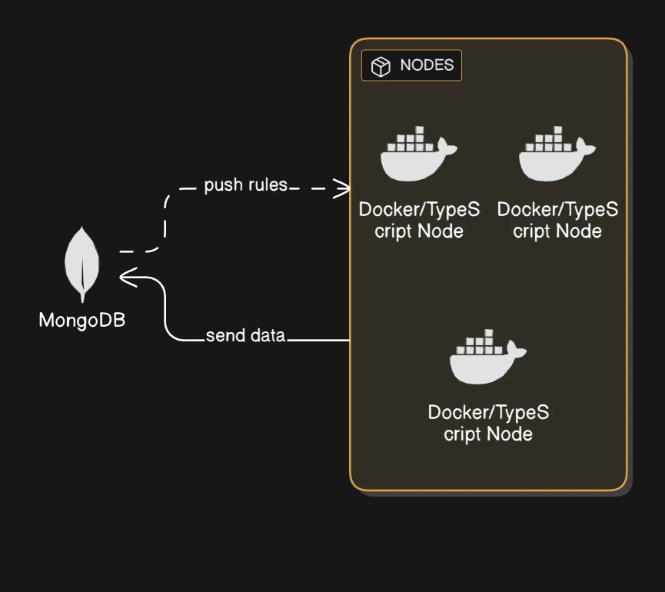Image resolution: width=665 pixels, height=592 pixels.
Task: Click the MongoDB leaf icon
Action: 81,261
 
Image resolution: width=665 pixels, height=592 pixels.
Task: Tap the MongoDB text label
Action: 81,320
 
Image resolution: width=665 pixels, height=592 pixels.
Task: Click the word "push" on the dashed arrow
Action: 221,185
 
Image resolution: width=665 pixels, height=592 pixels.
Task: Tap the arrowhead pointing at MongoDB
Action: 128,277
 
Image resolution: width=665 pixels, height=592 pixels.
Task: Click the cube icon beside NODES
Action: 381,67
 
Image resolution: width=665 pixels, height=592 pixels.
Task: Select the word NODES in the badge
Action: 427,66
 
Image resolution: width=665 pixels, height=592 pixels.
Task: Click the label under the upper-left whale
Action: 419,220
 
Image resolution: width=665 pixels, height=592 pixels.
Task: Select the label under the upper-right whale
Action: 557,220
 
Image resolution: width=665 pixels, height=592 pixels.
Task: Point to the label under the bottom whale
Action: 488,423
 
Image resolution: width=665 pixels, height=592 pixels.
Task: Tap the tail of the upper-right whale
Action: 587,148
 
